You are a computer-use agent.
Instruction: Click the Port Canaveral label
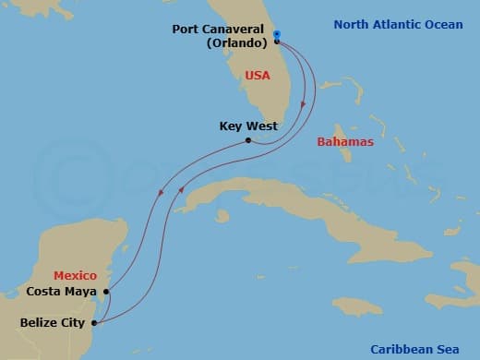point(221,29)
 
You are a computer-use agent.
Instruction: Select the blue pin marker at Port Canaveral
point(277,37)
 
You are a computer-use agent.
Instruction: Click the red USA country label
point(258,75)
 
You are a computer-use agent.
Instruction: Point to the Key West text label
point(248,126)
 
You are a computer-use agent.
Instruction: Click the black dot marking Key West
point(248,141)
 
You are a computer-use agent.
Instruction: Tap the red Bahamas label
point(344,142)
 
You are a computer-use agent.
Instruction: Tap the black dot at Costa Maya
point(107,292)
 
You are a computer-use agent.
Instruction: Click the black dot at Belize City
point(96,323)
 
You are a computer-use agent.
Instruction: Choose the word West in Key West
point(262,126)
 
